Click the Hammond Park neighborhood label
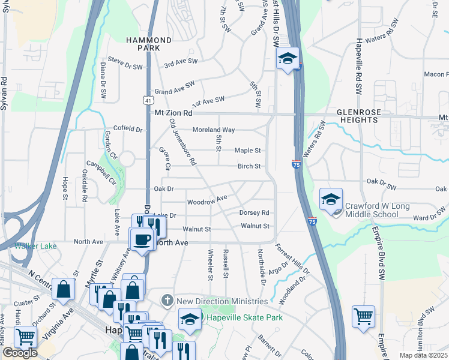149,44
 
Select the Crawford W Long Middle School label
377,210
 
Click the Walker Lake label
36,246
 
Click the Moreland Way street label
213,130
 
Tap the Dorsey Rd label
254,212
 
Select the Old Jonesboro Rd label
183,142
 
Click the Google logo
20,353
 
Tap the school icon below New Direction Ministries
190,319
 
